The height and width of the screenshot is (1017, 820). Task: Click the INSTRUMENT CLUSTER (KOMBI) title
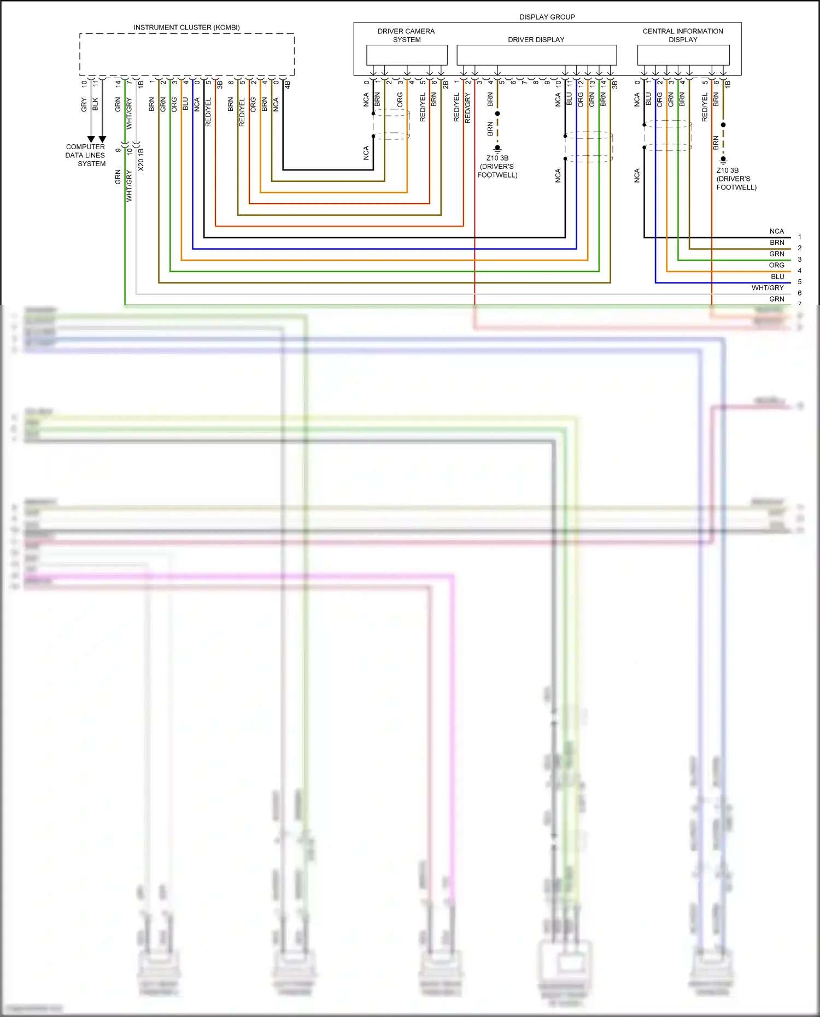click(x=186, y=27)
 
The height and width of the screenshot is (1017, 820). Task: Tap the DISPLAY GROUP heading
click(x=547, y=17)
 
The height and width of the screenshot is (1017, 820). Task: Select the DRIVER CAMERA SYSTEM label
click(x=406, y=36)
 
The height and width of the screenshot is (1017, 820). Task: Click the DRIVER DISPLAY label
click(x=536, y=40)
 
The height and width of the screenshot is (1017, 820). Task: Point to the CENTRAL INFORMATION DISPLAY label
click(x=683, y=36)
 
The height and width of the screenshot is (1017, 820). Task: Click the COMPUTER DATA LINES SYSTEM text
click(x=85, y=155)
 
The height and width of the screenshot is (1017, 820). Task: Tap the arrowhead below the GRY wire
click(x=91, y=139)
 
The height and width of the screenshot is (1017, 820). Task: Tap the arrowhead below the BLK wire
click(x=102, y=139)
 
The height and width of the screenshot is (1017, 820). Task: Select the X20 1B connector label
click(x=141, y=159)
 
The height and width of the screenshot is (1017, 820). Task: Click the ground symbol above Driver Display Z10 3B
click(x=497, y=148)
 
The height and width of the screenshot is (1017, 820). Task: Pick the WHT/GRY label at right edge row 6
click(x=768, y=288)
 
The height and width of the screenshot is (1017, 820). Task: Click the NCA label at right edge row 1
click(x=776, y=231)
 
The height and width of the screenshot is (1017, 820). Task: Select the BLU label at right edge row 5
click(x=777, y=277)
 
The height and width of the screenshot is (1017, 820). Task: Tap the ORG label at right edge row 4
click(x=776, y=265)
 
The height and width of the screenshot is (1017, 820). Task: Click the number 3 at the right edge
click(x=799, y=260)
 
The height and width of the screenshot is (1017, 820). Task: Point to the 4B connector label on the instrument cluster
click(x=288, y=85)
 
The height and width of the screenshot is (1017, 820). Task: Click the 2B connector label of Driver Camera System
click(x=446, y=85)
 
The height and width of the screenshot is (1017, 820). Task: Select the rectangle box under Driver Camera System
click(x=407, y=55)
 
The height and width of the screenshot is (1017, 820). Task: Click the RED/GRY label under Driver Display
click(x=468, y=108)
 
